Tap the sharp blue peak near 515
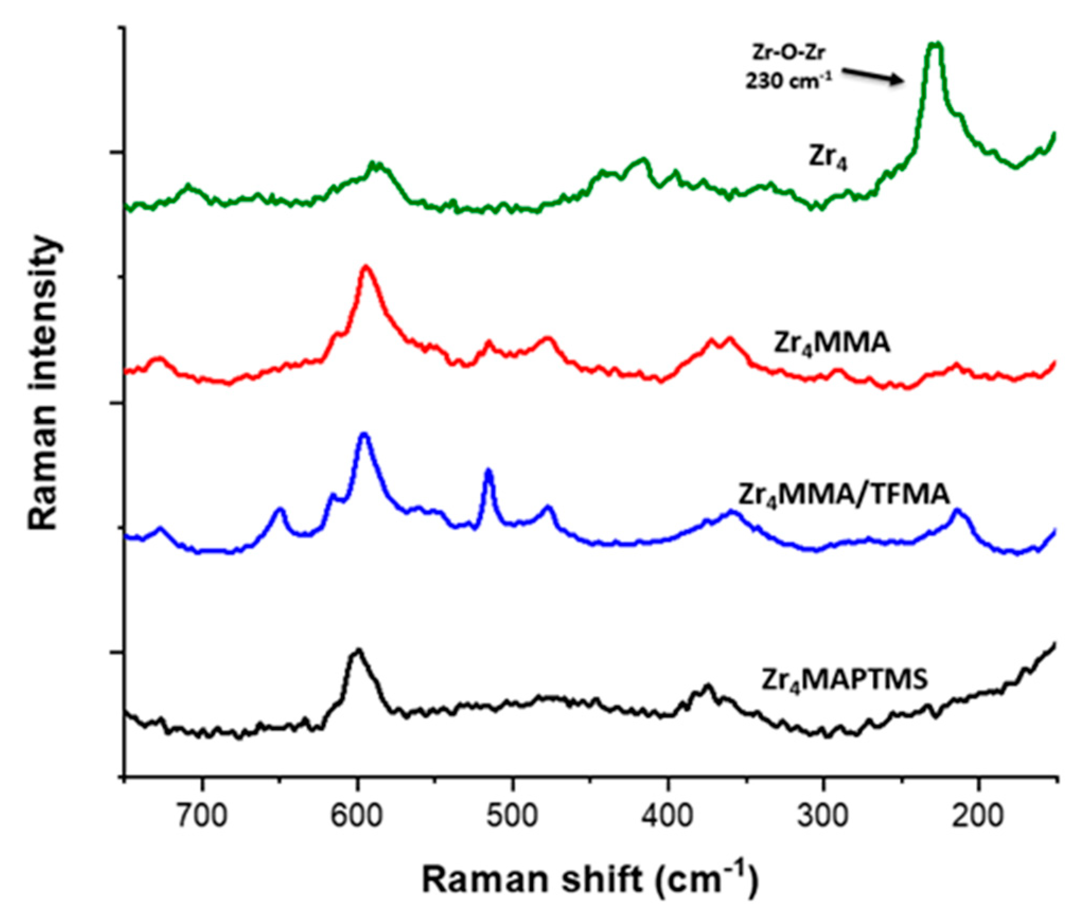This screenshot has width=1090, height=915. (x=489, y=471)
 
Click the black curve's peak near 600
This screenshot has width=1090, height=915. (x=358, y=651)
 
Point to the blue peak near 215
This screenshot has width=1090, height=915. (x=957, y=511)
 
